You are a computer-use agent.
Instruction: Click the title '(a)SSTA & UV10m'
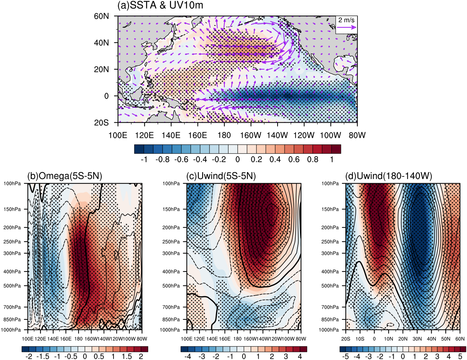coord(160,6)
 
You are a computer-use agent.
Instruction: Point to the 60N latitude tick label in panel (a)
coord(101,16)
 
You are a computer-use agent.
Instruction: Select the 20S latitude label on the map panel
coord(101,122)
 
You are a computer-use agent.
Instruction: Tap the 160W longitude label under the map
coord(251,135)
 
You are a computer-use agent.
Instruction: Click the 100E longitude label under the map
coord(118,135)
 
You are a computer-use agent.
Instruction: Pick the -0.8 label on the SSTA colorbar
coord(163,160)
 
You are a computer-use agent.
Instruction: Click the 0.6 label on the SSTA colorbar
coord(294,160)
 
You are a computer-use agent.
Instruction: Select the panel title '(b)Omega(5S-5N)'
coord(65,176)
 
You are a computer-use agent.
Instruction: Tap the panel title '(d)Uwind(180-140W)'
coord(388,176)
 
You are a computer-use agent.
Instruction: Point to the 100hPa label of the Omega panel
coord(12,184)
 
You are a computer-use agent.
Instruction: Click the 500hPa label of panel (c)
coord(171,286)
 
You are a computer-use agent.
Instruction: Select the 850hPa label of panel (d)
coord(330,319)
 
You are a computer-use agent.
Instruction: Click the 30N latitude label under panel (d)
coord(417,339)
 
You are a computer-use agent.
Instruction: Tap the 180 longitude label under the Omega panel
coord(78,339)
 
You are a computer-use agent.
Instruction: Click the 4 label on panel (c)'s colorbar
coord(300,356)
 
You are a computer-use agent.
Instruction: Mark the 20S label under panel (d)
coord(346,339)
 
